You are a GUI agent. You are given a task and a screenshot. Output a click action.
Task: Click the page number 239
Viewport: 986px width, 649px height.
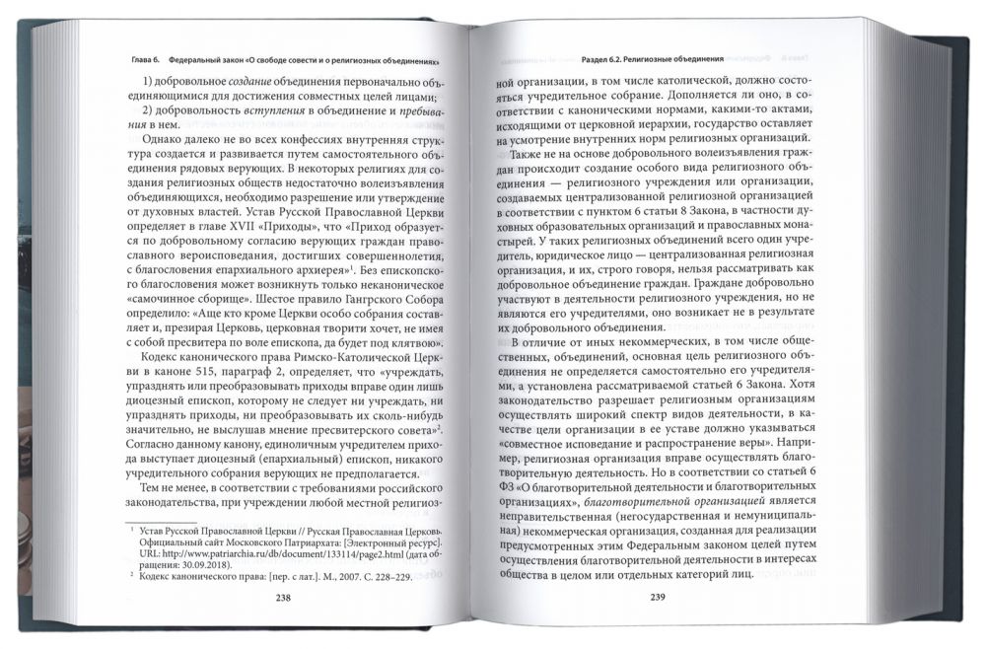(x=661, y=597)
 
